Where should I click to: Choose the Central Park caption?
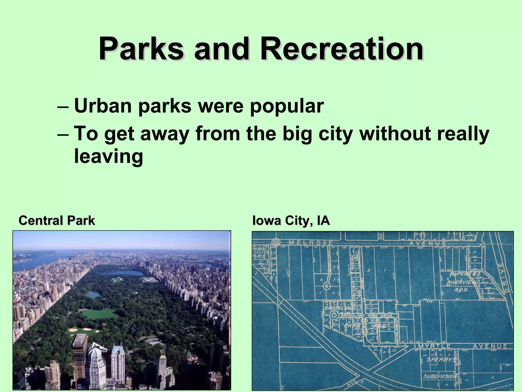tap(57, 220)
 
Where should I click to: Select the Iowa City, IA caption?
tap(291, 220)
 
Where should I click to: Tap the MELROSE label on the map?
tap(310, 243)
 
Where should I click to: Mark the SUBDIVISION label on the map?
tap(439, 376)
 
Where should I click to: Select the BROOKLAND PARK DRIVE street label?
tap(367, 316)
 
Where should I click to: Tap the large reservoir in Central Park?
tap(122, 273)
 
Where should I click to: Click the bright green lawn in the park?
tap(98, 313)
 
